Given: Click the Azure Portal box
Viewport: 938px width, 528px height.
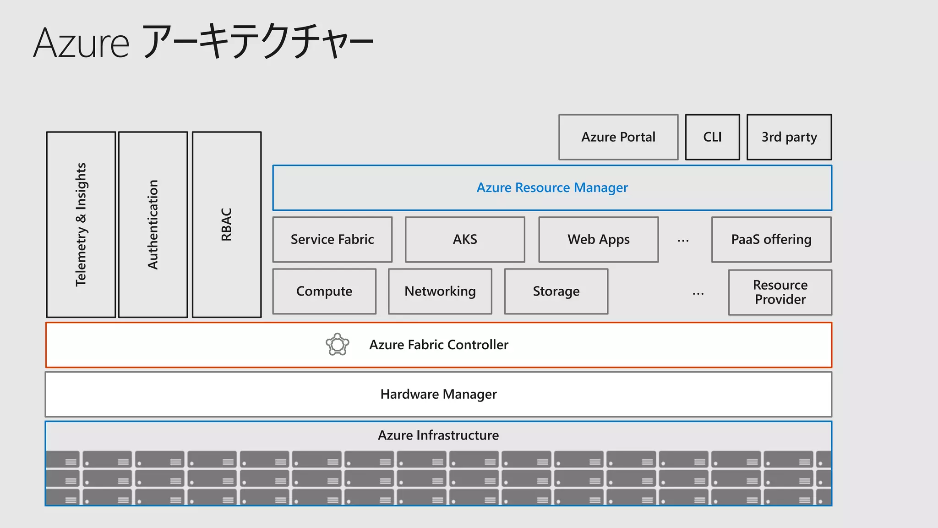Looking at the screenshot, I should coord(618,137).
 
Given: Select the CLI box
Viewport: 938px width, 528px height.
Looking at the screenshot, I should coord(712,137).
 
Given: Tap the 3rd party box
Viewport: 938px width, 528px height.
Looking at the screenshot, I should coord(789,137).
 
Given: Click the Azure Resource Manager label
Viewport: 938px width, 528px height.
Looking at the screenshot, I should coord(552,187).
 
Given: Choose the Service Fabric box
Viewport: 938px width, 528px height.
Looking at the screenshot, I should coord(332,239).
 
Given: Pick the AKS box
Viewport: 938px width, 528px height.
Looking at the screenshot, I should coord(465,239).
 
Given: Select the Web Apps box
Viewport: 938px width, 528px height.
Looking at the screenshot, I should coord(598,239).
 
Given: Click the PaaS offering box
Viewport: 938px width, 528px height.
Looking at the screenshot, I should coord(771,239).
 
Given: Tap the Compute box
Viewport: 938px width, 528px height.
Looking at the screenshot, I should coord(324,291).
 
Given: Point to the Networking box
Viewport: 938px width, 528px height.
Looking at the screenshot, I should coord(440,291).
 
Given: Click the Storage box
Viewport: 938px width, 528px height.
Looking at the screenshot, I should coord(556,291).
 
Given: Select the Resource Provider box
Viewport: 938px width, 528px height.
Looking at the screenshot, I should coord(780,292).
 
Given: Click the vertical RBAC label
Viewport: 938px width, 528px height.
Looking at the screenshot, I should coord(227,225).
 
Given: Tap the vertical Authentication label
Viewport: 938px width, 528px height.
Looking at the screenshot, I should coord(153,225).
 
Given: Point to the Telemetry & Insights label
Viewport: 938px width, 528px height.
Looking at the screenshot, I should coord(81,225).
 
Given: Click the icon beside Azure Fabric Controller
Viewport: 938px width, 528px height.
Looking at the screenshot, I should coord(338,345).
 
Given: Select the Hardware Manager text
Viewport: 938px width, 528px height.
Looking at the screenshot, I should coord(438,394).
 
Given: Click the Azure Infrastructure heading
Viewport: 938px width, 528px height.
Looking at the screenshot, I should coord(438,435).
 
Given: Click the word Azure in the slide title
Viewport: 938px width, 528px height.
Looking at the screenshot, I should coord(82,43).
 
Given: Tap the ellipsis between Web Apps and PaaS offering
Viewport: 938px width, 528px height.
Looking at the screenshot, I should coord(683,241).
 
